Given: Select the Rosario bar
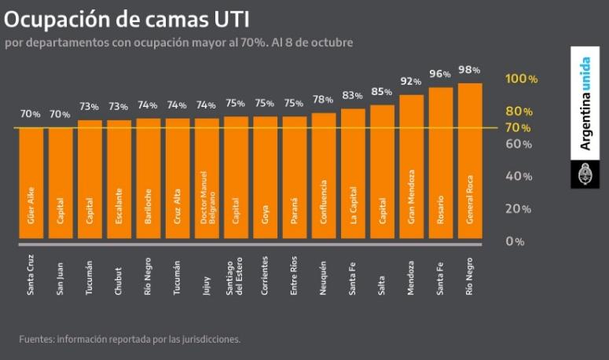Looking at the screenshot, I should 441,165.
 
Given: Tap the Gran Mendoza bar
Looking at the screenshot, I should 412,169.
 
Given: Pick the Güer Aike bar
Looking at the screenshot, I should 31,186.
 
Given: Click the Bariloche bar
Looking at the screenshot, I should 148,181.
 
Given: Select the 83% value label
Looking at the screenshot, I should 353,95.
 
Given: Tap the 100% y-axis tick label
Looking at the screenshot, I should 521,79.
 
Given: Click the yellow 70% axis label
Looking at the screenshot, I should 518,127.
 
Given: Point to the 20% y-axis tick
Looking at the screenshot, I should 518,209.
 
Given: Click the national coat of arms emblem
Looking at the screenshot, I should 584,174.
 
